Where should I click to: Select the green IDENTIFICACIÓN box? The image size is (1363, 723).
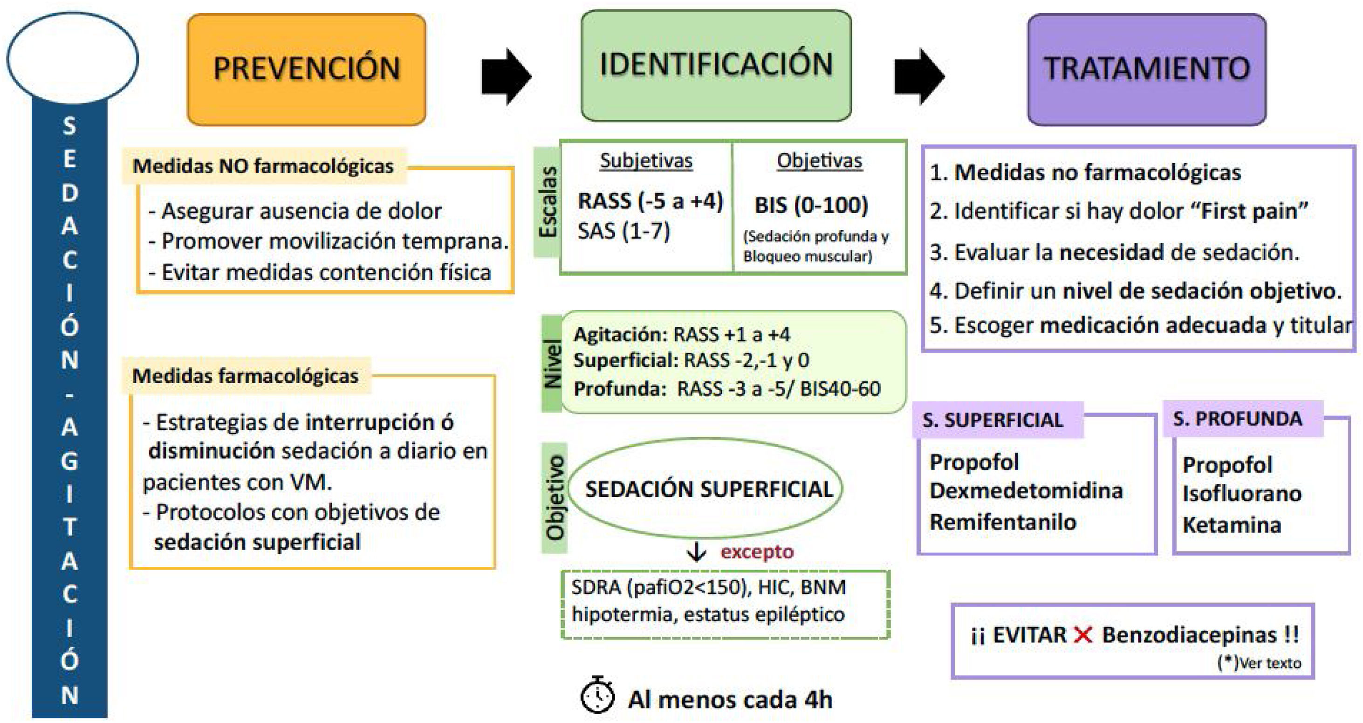coord(716,65)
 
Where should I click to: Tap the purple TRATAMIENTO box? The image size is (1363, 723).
coord(1147,69)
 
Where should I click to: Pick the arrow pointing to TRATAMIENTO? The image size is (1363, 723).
coord(919,76)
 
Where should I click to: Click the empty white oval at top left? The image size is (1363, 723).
coord(73,58)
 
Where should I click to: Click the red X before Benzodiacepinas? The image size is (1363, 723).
coord(1083,634)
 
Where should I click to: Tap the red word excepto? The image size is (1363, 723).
coord(757,552)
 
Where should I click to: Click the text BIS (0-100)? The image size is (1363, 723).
coord(811,206)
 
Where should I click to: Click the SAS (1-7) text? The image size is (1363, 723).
coord(624,231)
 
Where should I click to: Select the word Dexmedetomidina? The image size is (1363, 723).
coord(1026,491)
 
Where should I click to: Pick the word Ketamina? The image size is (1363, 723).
coord(1232,525)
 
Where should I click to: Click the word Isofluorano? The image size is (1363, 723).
coord(1242,494)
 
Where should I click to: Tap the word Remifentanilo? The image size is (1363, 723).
coord(1003,523)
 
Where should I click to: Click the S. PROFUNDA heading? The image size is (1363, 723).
coord(1238,419)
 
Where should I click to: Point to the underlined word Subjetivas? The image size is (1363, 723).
coord(646,160)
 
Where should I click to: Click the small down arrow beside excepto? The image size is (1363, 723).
coord(696,552)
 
